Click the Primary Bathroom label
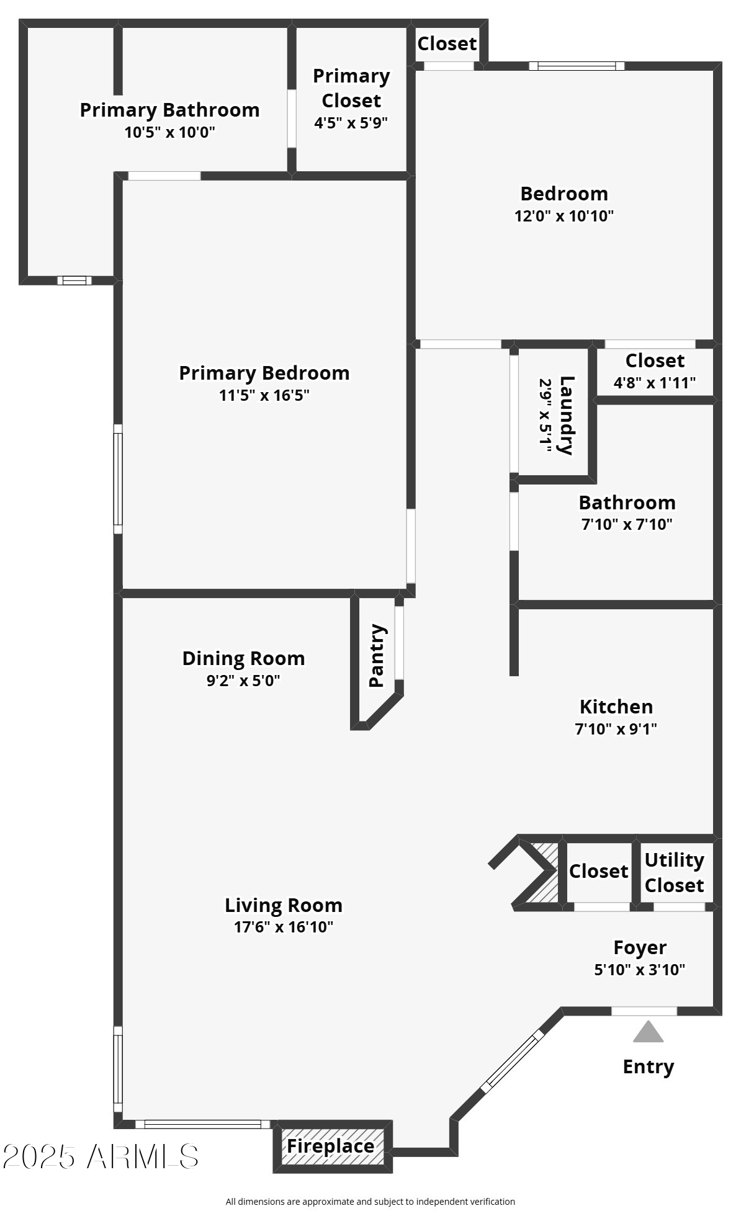pos(169,110)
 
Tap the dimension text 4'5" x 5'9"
pos(351,123)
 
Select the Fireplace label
pos(330,1146)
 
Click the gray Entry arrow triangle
pos(648,1033)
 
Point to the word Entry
pos(648,1066)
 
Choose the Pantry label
pos(377,656)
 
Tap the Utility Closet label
pos(674,872)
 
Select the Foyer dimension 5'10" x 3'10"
pos(639,970)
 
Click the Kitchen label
pos(616,707)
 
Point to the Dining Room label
pos(243,658)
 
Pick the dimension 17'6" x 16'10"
pos(283,927)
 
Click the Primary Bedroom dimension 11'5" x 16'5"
pos(264,395)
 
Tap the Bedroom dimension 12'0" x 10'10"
pos(564,216)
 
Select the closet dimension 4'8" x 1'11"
pos(654,383)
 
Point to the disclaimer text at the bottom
pos(370,1202)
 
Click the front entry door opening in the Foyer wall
pos(644,1011)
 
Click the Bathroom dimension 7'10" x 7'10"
pos(627,524)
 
